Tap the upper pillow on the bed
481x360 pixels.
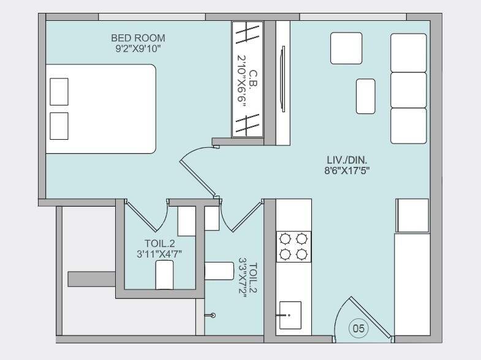pyautogui.click(x=59, y=91)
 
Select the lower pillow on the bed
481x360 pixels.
pyautogui.click(x=59, y=125)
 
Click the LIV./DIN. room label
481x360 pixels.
pyautogui.click(x=347, y=160)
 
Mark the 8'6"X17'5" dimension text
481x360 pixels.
pyautogui.click(x=347, y=170)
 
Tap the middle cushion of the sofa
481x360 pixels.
pyautogui.click(x=408, y=89)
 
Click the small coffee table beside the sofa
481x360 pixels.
pyautogui.click(x=366, y=96)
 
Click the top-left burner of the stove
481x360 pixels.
pyautogui.click(x=285, y=238)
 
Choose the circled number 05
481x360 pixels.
pyautogui.click(x=359, y=329)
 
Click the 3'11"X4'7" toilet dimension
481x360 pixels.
pyautogui.click(x=159, y=253)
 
